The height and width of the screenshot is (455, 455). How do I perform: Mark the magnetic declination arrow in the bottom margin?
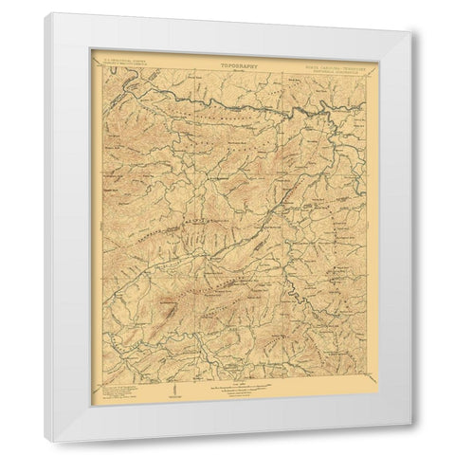coord(173,386)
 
